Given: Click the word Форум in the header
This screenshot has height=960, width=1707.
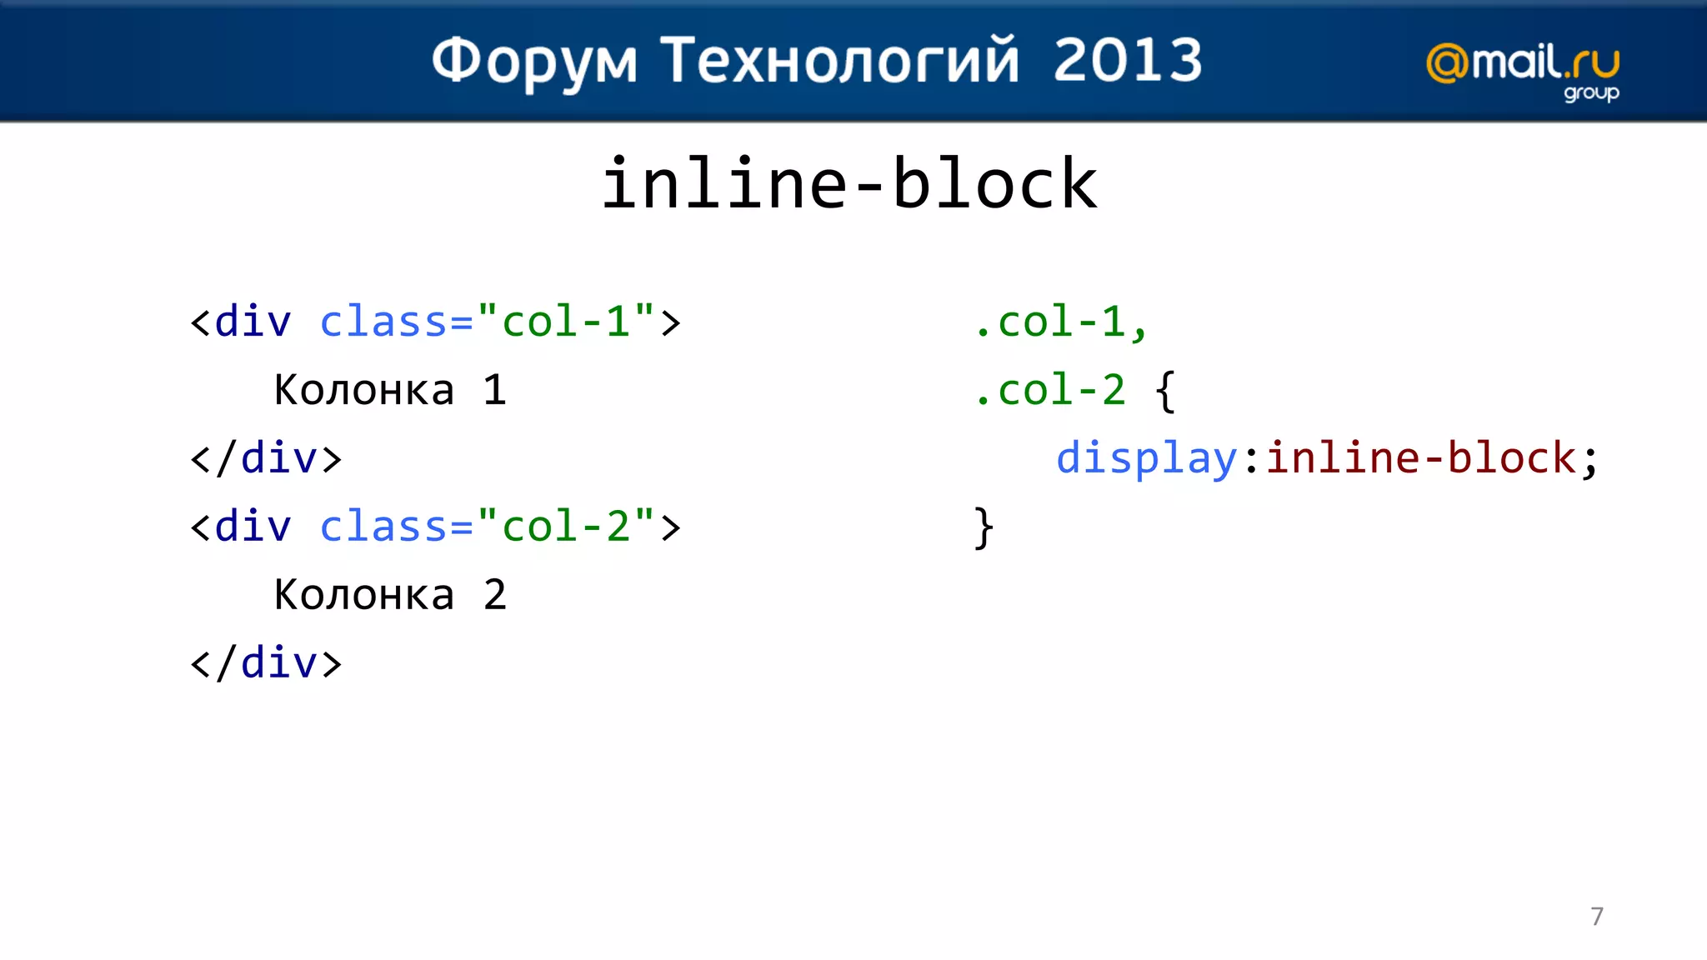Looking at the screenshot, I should tap(534, 62).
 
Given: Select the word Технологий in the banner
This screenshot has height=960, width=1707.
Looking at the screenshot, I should tap(840, 62).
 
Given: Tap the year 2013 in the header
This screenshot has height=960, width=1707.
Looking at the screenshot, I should tap(1128, 60).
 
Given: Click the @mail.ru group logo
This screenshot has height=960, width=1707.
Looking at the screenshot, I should tap(1523, 70).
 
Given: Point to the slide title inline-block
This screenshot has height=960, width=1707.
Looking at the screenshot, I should tap(849, 183).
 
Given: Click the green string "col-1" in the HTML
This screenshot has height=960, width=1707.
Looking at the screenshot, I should tap(566, 322).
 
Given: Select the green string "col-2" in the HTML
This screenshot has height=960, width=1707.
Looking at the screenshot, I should tap(566, 527).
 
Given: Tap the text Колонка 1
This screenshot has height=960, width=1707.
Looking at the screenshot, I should tap(390, 390).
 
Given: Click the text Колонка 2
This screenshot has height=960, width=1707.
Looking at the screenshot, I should tap(390, 595).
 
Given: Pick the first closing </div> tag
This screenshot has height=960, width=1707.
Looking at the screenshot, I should tap(266, 458).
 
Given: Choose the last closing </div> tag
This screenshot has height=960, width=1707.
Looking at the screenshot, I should tap(266, 663).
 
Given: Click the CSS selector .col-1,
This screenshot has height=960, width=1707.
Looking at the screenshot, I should tap(1061, 322).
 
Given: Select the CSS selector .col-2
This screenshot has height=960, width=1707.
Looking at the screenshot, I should tap(1050, 390).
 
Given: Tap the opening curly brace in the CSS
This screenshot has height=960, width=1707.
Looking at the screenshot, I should tap(1165, 391).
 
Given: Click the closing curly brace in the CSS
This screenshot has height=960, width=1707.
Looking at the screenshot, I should tap(984, 527).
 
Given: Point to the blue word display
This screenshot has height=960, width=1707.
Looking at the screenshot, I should tap(1147, 458).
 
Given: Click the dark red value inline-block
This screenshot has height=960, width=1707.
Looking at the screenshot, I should tap(1420, 458).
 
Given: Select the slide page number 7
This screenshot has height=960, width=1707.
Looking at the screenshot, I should tap(1597, 917).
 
